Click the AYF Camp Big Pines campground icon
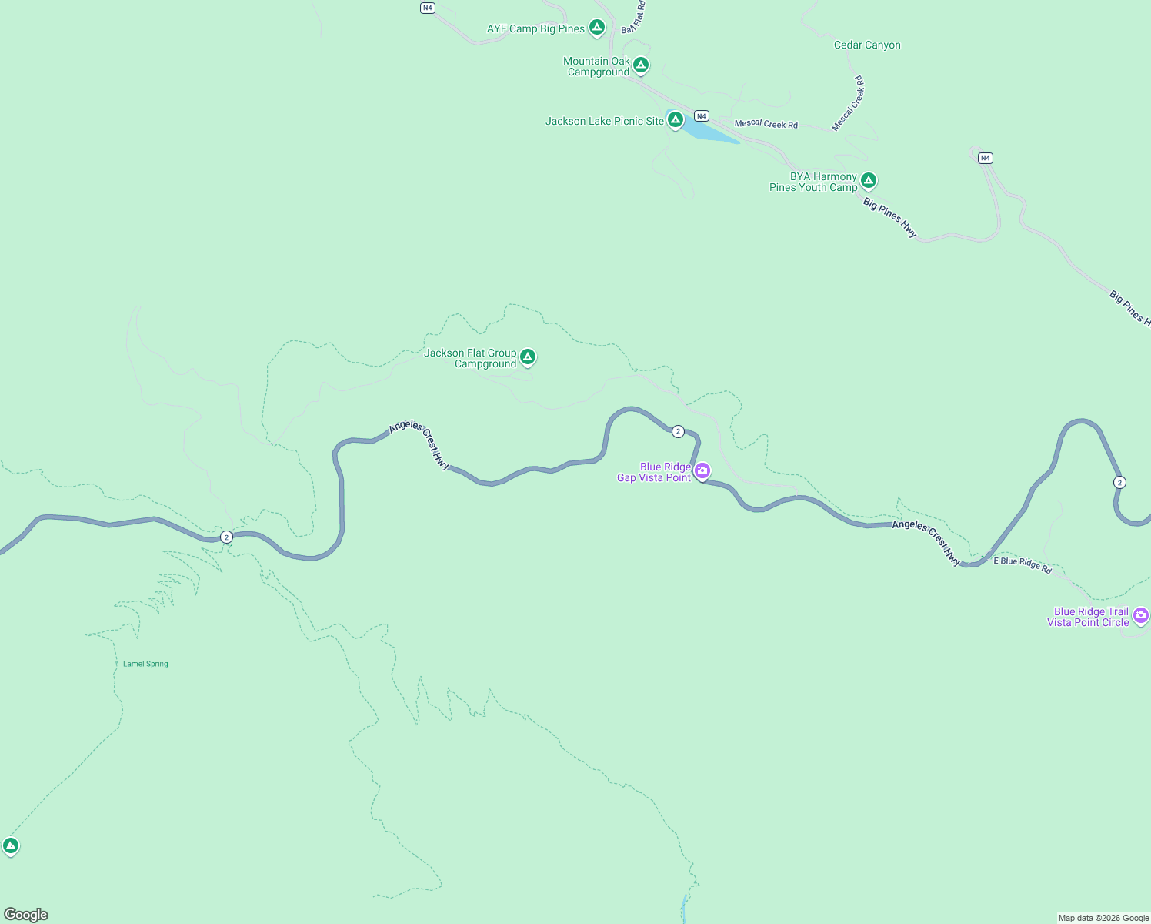(596, 28)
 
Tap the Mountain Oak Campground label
(597, 66)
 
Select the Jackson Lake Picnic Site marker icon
(675, 119)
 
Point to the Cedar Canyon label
(867, 45)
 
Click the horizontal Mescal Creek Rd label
(766, 124)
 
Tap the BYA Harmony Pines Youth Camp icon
(868, 181)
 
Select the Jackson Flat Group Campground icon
(527, 357)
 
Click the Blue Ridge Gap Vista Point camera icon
(702, 470)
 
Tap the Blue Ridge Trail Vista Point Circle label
(1088, 617)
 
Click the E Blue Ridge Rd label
(1022, 564)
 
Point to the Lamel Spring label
(145, 664)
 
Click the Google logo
(26, 915)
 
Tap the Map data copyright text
(1103, 918)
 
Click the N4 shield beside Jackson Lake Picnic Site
(701, 116)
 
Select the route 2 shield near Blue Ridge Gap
(678, 431)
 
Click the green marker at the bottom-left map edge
(10, 845)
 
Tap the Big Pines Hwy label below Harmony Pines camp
(889, 218)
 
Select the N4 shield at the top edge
(428, 8)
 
